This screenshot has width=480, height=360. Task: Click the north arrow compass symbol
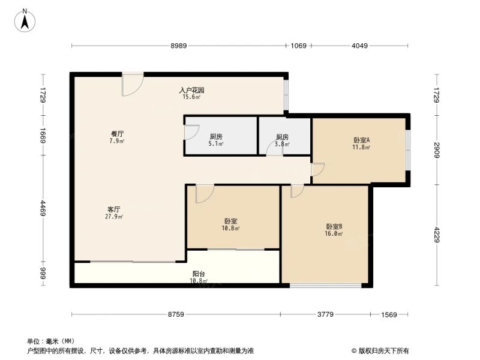coord(25,20)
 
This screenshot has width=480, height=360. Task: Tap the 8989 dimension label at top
coord(178,46)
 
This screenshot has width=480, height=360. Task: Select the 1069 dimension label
coord(298,46)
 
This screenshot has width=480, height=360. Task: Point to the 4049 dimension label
coord(359,46)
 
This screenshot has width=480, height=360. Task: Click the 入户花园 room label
coord(191,91)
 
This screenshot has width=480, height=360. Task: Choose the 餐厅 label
coord(117,134)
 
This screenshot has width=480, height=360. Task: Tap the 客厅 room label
coord(114,209)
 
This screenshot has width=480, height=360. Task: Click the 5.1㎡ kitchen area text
coord(216,143)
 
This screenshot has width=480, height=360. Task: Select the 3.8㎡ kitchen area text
coord(282,144)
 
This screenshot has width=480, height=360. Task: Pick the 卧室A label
coord(362,140)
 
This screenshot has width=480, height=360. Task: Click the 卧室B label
coord(334,227)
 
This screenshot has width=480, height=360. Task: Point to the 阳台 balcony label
coord(199,274)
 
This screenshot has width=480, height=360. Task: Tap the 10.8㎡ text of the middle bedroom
coord(230,228)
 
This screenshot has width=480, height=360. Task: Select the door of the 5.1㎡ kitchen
coord(191,133)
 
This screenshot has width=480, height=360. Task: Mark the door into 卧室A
coord(317,170)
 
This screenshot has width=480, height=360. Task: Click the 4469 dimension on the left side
coord(43,208)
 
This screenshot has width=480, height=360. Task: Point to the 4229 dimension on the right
coord(437,235)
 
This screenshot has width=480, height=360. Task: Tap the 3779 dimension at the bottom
coord(325,314)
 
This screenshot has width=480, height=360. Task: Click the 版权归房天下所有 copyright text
coord(380,351)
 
